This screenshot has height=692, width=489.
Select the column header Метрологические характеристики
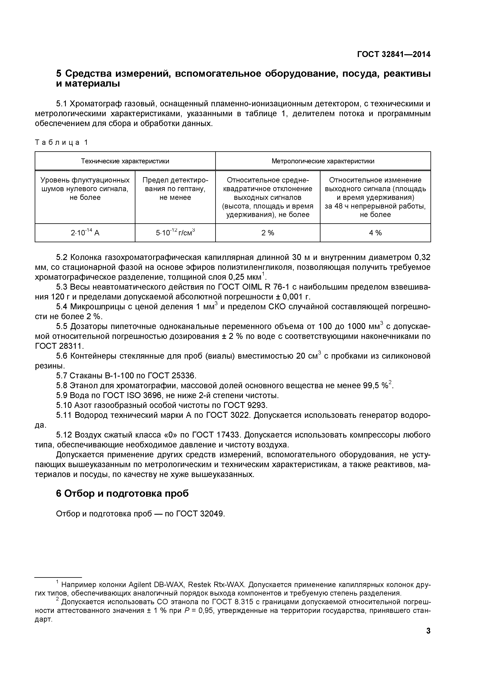323,161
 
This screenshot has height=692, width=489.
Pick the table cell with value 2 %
267,233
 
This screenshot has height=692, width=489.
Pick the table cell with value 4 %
375,233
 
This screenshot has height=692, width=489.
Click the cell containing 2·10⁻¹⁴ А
85,233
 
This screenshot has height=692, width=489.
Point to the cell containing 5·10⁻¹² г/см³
175,233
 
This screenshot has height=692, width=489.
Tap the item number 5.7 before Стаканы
62,376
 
